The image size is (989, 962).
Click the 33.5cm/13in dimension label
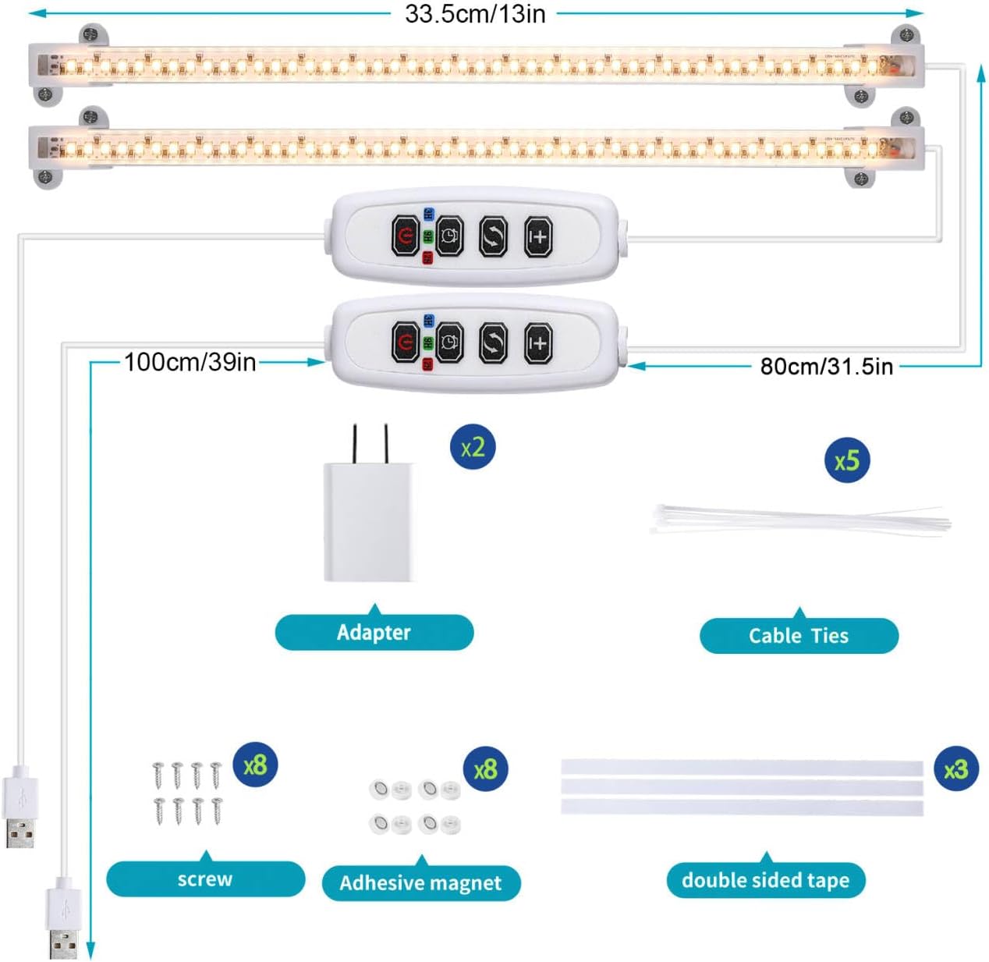[x=475, y=14]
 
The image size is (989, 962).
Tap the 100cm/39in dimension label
[x=190, y=362]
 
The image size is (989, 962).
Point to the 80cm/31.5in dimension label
[x=826, y=366]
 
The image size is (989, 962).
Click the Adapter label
[x=374, y=632]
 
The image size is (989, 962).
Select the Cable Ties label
[x=799, y=636]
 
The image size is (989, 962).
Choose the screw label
[x=205, y=879]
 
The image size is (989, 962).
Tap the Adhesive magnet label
[x=420, y=883]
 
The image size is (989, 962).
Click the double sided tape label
[x=765, y=880]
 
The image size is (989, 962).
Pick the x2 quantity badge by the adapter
[x=473, y=447]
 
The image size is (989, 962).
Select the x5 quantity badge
[x=847, y=460]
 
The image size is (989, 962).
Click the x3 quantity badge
[x=955, y=770]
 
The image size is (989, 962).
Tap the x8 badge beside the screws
[x=255, y=765]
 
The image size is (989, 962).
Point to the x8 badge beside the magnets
[x=485, y=769]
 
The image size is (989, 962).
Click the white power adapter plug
[x=369, y=515]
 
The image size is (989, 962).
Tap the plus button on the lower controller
[x=538, y=343]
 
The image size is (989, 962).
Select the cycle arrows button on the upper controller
[x=493, y=236]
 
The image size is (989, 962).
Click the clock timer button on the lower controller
[x=449, y=343]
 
